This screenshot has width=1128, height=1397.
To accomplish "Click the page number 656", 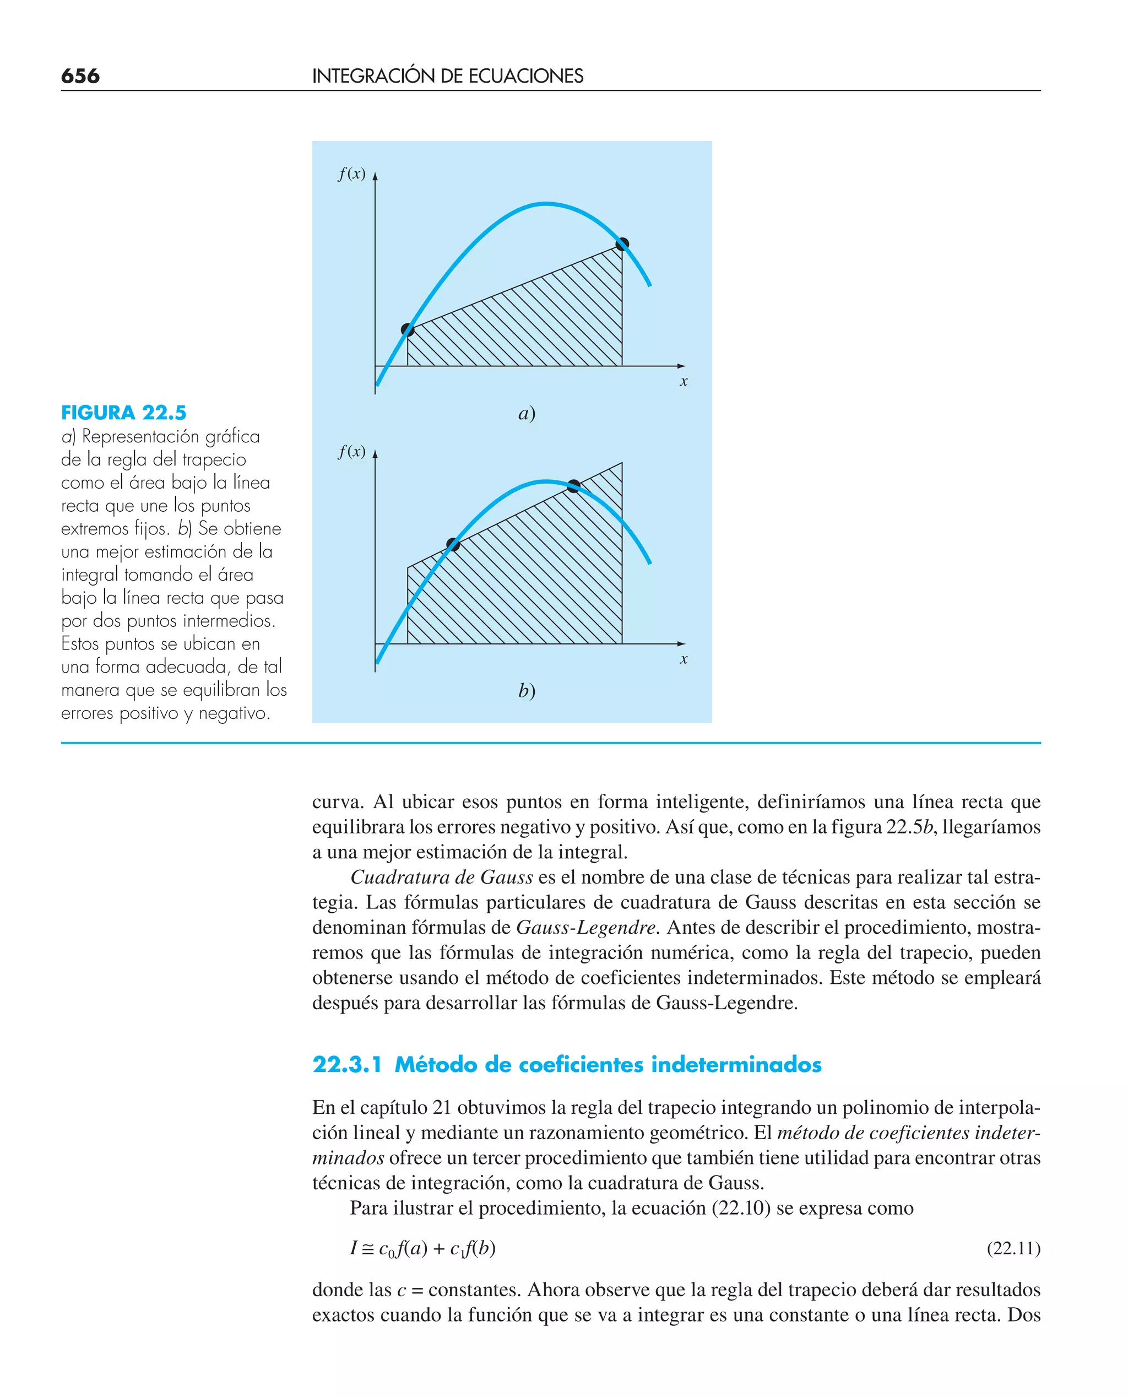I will click(x=80, y=76).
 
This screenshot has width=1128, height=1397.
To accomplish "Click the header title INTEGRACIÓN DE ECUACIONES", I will click(x=448, y=76).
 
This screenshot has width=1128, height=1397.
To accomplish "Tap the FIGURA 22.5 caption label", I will click(x=123, y=413).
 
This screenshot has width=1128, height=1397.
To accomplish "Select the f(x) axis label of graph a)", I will click(x=351, y=174).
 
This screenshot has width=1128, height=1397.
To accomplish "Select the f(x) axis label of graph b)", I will click(x=351, y=451).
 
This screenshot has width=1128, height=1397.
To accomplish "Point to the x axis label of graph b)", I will click(x=684, y=659).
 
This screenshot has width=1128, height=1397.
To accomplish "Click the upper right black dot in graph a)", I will click(x=622, y=245).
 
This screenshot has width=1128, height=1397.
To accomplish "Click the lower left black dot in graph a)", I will click(x=408, y=329).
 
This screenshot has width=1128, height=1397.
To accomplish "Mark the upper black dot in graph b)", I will click(x=574, y=485).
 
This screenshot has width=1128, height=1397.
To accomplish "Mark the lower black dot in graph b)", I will click(x=453, y=544).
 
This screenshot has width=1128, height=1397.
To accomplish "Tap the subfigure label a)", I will click(x=527, y=413).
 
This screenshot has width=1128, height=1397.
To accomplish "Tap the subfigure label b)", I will click(x=527, y=691).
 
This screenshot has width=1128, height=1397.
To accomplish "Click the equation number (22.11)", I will click(x=1013, y=1248).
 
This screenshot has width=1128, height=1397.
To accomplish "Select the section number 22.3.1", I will click(x=347, y=1065).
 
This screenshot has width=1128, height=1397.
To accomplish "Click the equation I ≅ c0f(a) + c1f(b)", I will click(x=423, y=1248).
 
